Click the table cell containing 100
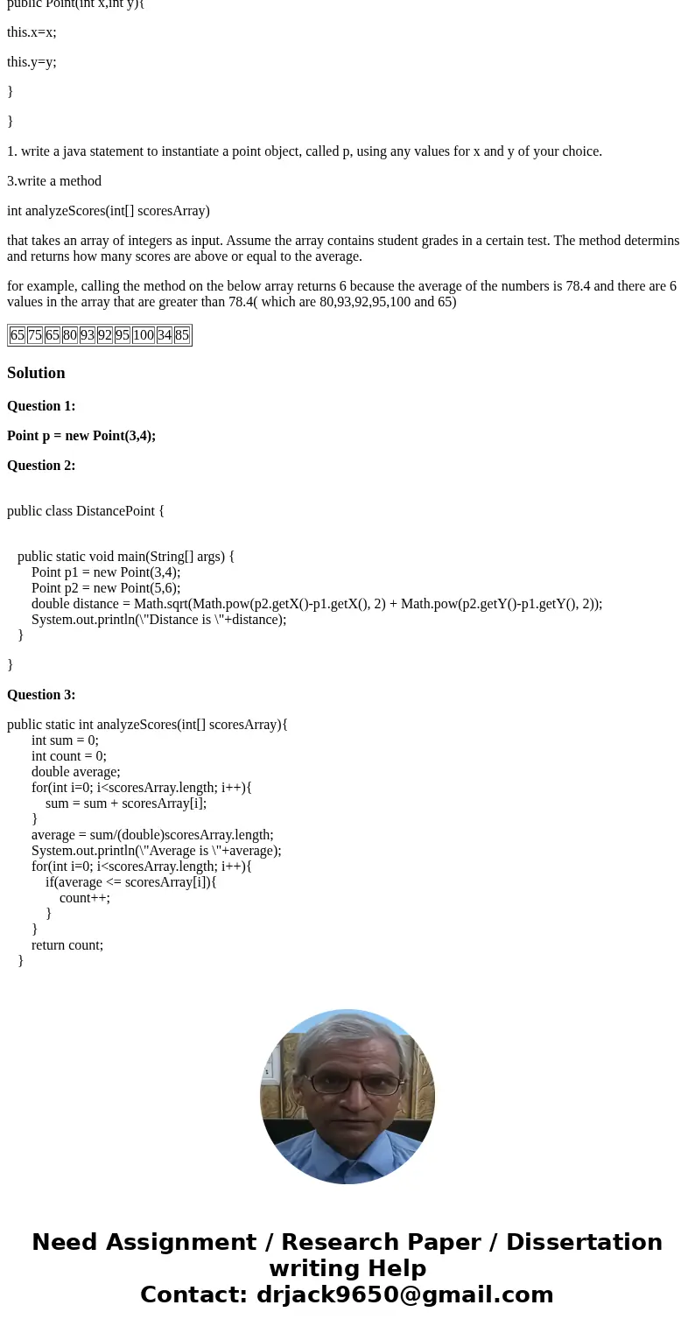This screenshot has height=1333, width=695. pyautogui.click(x=144, y=335)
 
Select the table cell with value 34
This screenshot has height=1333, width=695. pyautogui.click(x=165, y=335)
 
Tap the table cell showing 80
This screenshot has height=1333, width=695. pyautogui.click(x=70, y=335)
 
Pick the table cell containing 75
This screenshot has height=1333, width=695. pyautogui.click(x=35, y=335)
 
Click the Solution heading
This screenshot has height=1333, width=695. pyautogui.click(x=36, y=373)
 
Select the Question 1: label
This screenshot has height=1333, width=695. pyautogui.click(x=41, y=406)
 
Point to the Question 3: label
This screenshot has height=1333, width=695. pyautogui.click(x=41, y=695)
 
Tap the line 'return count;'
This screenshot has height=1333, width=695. pyautogui.click(x=67, y=945)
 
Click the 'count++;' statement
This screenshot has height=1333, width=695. pyautogui.click(x=85, y=898)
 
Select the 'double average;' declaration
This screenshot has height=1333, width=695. pyautogui.click(x=75, y=772)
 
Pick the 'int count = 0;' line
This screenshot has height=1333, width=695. pyautogui.click(x=69, y=756)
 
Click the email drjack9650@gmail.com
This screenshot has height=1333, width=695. pyautogui.click(x=404, y=1295)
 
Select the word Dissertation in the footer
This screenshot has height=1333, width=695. pyautogui.click(x=584, y=1243)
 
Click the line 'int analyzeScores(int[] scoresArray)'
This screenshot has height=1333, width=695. pyautogui.click(x=109, y=211)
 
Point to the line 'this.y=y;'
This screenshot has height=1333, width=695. pyautogui.click(x=32, y=62)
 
